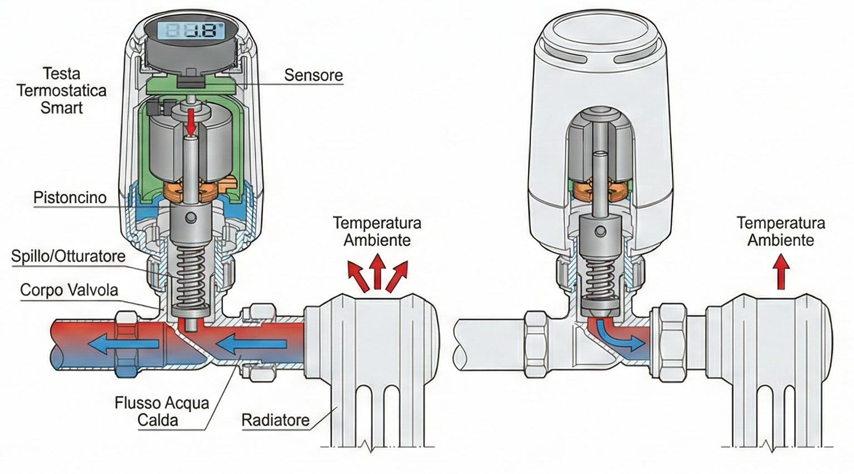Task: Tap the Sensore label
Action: click(313, 75)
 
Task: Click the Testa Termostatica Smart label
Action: click(61, 90)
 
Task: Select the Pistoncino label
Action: click(70, 197)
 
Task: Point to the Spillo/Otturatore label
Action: click(68, 256)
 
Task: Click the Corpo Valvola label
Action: click(69, 290)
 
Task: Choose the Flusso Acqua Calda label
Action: click(162, 411)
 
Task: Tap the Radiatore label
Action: click(275, 419)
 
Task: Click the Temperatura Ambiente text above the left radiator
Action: click(377, 231)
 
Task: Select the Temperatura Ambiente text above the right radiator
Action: click(780, 231)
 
